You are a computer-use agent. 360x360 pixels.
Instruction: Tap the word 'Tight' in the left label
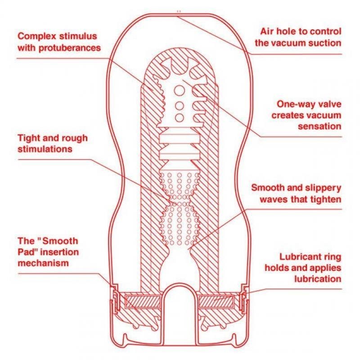28,138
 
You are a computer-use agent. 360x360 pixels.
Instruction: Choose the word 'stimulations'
45,149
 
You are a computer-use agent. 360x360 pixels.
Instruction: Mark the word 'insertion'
56,251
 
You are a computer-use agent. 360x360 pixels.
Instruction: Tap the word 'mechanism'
44,262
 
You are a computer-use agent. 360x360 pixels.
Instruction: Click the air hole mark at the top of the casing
179,11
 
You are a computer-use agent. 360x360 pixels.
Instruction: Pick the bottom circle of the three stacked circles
179,118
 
